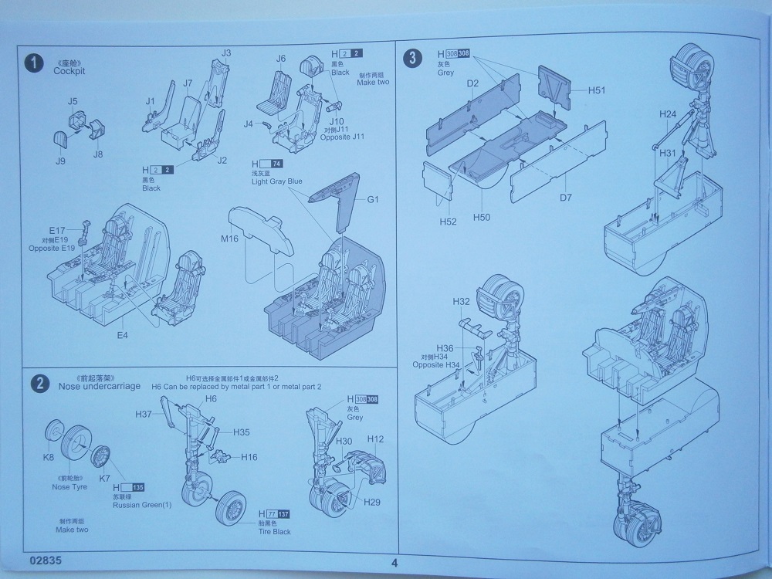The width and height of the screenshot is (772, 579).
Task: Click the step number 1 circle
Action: (33, 63)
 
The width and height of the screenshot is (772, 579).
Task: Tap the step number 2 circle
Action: (37, 384)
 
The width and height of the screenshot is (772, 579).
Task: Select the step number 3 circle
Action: (415, 57)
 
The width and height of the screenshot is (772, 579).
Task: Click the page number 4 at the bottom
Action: (394, 563)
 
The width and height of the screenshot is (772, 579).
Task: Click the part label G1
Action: (373, 199)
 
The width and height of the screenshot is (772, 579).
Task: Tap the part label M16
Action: (229, 239)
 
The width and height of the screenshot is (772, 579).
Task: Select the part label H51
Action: (596, 90)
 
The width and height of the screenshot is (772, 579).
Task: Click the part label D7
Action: (565, 198)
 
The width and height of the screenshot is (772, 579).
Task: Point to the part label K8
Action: (49, 457)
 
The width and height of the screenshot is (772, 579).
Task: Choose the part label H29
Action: (372, 503)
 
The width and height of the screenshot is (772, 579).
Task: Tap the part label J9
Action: (60, 161)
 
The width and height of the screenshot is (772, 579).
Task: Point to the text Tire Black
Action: (275, 531)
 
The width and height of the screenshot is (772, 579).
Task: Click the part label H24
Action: (668, 114)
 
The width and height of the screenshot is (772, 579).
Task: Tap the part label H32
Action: (461, 301)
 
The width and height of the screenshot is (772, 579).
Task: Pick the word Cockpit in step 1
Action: (69, 71)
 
